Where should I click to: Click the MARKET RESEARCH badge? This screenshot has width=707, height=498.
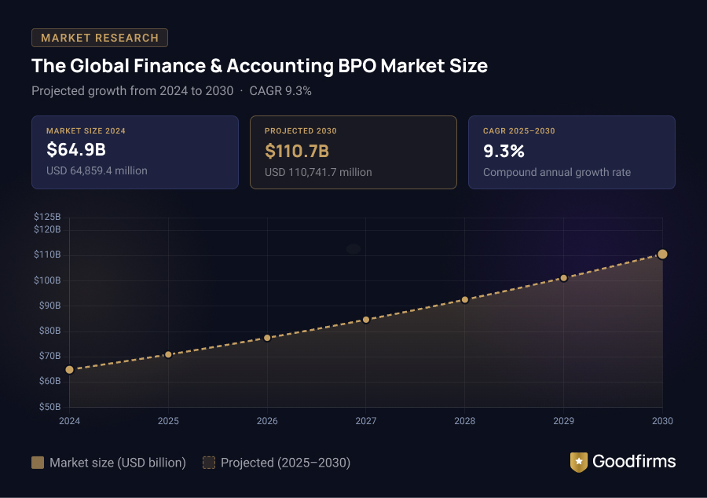click(x=100, y=38)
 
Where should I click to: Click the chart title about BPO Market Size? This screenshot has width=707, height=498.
click(x=259, y=66)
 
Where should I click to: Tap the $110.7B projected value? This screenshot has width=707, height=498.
click(x=296, y=151)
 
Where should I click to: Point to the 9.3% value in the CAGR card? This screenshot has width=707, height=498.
click(x=504, y=150)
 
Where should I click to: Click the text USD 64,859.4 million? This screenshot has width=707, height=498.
click(x=97, y=171)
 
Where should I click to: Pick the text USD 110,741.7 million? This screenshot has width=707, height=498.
click(x=318, y=172)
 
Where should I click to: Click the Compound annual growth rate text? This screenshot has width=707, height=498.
click(x=556, y=172)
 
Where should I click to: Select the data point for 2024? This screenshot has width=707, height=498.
click(x=69, y=370)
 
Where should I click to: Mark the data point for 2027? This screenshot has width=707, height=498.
click(x=366, y=320)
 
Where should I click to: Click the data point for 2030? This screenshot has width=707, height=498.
click(x=662, y=254)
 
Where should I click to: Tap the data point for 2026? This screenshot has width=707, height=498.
click(x=267, y=338)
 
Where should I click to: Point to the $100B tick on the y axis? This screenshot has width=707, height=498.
click(x=47, y=280)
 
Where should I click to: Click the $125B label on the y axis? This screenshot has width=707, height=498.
click(x=47, y=217)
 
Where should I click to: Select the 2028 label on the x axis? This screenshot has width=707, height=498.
click(x=465, y=421)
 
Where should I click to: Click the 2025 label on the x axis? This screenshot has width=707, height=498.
click(x=168, y=421)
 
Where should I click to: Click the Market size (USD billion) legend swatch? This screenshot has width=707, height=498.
click(x=38, y=463)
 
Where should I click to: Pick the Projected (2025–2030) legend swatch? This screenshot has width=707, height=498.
click(x=209, y=463)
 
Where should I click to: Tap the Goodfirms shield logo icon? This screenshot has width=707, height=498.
click(x=579, y=462)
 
